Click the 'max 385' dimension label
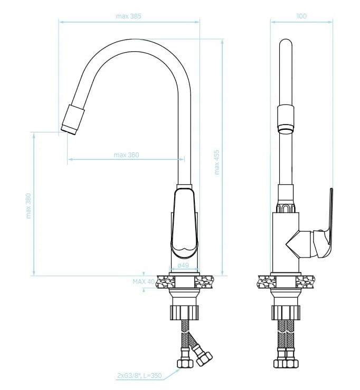(128, 16)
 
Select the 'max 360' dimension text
(126, 155)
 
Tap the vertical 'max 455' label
(217, 162)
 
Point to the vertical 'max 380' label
(29, 206)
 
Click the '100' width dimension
(301, 16)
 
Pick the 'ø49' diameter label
(183, 265)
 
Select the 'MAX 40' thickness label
(144, 282)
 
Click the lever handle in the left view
(184, 223)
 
